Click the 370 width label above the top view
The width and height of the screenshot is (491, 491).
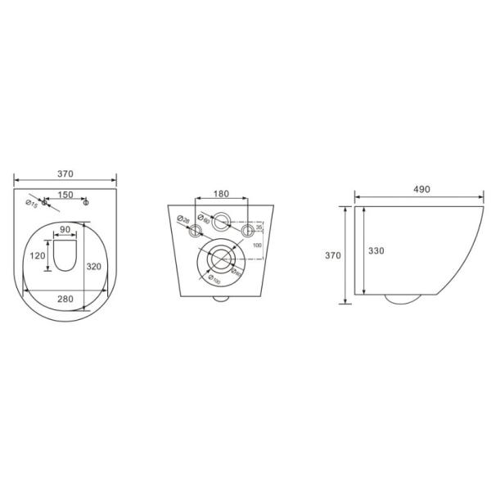click(x=65, y=173)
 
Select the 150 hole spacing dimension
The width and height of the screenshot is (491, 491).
click(x=65, y=195)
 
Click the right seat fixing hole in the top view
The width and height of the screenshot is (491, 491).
click(x=88, y=203)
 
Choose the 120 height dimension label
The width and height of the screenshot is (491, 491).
click(x=38, y=255)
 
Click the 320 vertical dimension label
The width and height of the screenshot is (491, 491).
click(x=94, y=266)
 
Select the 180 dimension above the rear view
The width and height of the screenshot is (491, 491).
click(x=220, y=194)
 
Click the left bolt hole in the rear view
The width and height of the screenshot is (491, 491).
click(x=195, y=233)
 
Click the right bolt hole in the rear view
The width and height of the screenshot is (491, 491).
click(x=245, y=233)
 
